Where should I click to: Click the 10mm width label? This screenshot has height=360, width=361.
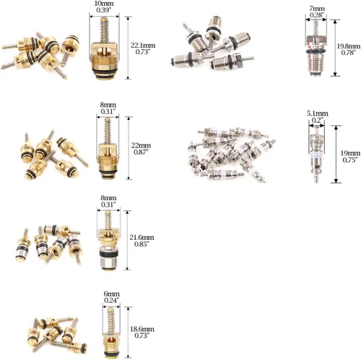tap(104, 4)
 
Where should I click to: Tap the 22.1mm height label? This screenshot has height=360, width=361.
tap(143, 46)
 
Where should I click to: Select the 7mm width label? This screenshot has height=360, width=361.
tap(317, 9)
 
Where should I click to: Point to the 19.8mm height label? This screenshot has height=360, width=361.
tap(348, 46)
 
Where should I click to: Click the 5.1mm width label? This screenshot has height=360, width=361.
tap(318, 113)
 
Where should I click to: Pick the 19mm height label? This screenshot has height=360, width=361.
tap(350, 153)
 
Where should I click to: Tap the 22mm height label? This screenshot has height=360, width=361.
tap(141, 145)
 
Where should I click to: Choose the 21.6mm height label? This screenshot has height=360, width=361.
tap(142, 237)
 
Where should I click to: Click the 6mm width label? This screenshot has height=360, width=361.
tap(111, 294)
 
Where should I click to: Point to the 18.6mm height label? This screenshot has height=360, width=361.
tap(142, 329)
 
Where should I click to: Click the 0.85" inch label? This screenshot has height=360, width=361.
tap(142, 244)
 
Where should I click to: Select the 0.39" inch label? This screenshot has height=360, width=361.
tap(104, 10)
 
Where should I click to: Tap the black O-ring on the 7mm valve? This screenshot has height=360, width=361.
tap(316, 51)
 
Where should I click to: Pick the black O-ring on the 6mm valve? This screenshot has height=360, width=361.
tap(111, 353)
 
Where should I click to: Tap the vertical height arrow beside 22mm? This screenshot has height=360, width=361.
tap(129, 148)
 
